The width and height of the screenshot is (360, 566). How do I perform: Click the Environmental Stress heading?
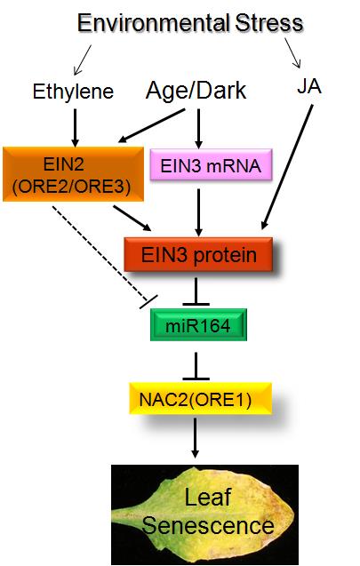[x=190, y=23]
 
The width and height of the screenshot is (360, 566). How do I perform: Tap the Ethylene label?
[x=73, y=92]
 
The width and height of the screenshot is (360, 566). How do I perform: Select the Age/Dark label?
[x=196, y=91]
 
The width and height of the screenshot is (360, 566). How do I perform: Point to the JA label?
[x=309, y=87]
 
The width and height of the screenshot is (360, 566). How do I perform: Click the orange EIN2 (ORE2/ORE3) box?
[x=73, y=174]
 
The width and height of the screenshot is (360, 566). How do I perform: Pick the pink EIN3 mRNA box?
[x=211, y=165]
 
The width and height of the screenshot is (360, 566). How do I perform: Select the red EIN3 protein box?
[x=198, y=254]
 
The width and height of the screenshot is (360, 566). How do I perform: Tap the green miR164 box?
[x=198, y=325]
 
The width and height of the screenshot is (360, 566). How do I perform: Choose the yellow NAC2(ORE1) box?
[x=200, y=398]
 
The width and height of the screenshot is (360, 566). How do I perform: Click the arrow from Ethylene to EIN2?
[x=75, y=128]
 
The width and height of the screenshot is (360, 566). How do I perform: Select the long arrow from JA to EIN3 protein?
[x=287, y=167]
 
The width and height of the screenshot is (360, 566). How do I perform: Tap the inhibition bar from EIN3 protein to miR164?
[x=196, y=291]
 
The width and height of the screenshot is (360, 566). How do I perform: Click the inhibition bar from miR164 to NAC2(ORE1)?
[x=196, y=366]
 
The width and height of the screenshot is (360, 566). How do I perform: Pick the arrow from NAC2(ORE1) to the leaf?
[x=196, y=438]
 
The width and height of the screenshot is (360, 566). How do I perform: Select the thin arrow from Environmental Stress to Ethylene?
[x=83, y=60]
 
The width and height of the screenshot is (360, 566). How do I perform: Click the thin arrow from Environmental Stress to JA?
[x=292, y=52]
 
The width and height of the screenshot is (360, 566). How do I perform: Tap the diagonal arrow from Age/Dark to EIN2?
[x=152, y=126]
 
